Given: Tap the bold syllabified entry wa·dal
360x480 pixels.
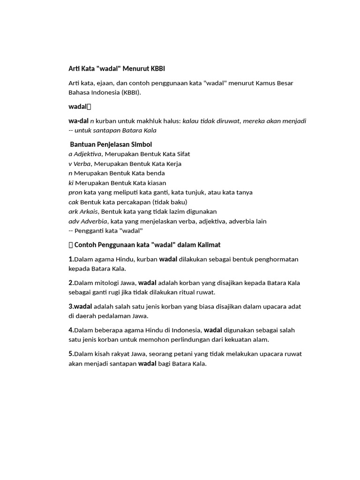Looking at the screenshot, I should (x=78, y=121).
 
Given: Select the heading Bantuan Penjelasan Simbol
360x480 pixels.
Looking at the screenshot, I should (x=111, y=144).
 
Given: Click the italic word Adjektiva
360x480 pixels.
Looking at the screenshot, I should (x=88, y=154).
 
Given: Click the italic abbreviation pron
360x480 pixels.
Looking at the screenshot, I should (x=75, y=193).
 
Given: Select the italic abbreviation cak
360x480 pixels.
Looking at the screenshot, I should (x=74, y=202).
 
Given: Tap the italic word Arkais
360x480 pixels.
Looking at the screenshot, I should (x=89, y=212).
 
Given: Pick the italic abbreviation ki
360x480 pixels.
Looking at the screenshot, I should (x=71, y=183).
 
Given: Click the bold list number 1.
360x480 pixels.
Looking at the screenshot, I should (x=71, y=259).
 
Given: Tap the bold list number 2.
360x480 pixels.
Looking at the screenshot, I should (x=71, y=283).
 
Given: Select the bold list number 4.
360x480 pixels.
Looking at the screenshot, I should (x=71, y=330).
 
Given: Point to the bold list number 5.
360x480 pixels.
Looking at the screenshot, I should (x=71, y=354).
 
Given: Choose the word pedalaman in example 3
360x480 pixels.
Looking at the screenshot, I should (x=114, y=316).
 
